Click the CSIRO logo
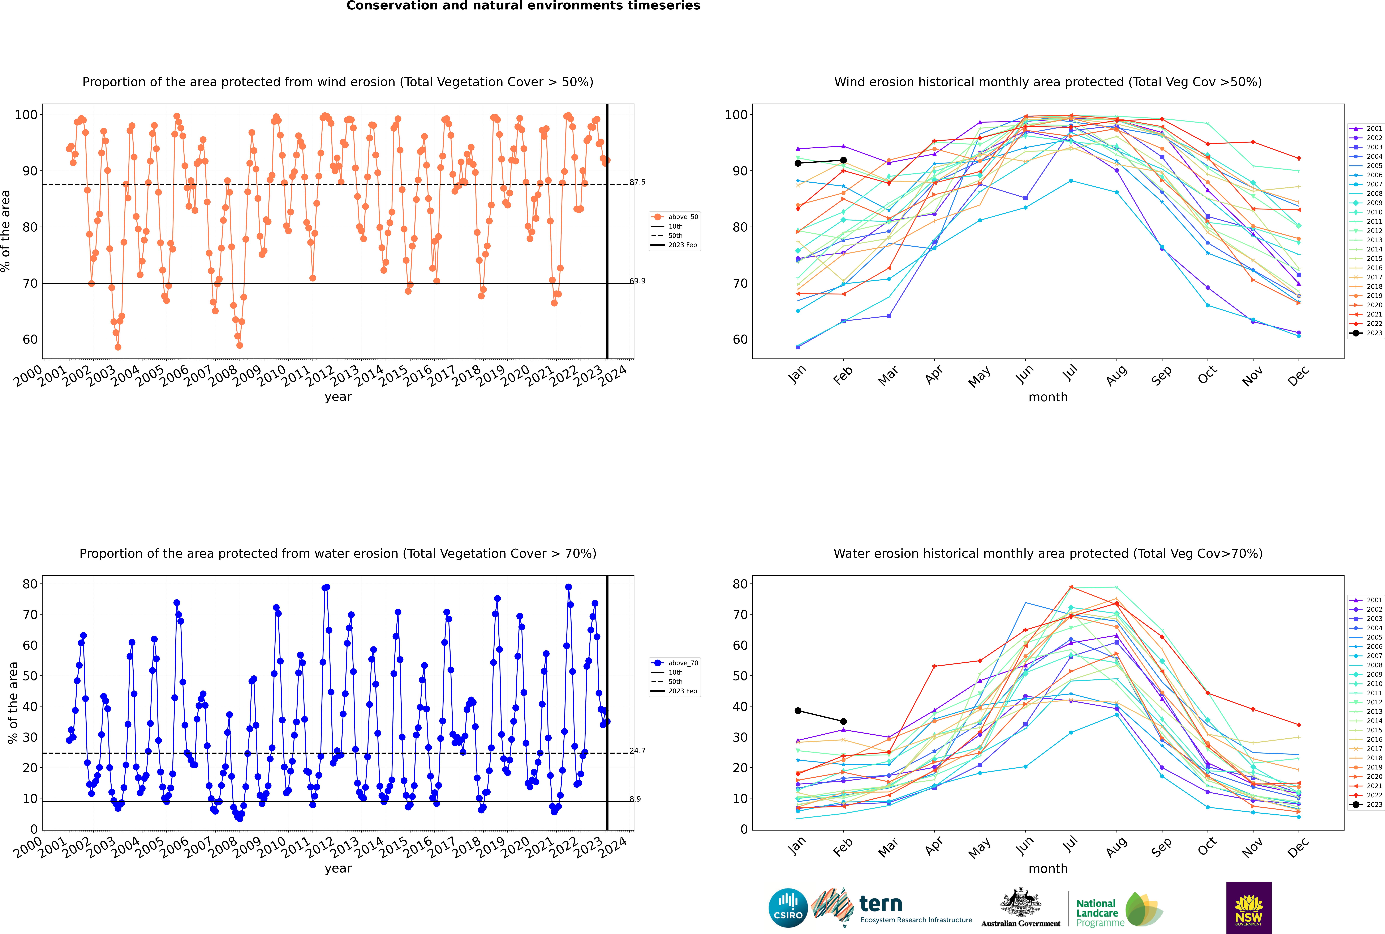click(x=788, y=908)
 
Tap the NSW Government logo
click(x=1249, y=908)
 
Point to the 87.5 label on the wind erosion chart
click(x=637, y=182)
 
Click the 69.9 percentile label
click(x=637, y=281)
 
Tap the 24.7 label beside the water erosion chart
click(x=637, y=751)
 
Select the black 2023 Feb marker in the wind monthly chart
click(x=843, y=160)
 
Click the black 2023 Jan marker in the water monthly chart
click(x=798, y=711)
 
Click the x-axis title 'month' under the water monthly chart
click(x=1048, y=869)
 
